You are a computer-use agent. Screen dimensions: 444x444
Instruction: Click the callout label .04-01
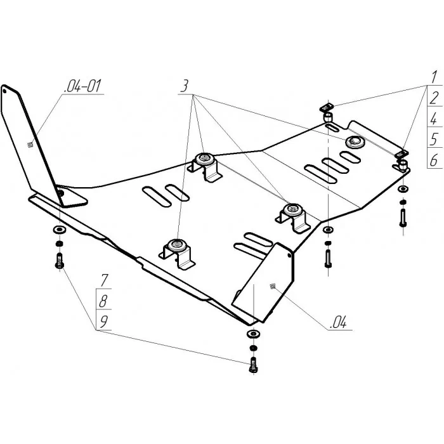[x=82, y=86]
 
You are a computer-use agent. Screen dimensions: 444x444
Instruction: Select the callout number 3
[x=185, y=86]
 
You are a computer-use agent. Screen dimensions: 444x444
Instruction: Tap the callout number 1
[x=433, y=77]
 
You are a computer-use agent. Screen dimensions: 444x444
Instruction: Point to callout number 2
[x=434, y=98]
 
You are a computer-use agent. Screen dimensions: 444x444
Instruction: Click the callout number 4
[x=433, y=119]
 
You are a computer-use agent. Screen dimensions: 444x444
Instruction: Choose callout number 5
[x=434, y=140]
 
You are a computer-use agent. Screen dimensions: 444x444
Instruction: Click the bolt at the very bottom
[x=254, y=365]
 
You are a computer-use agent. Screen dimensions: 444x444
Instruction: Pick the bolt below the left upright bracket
[x=59, y=261]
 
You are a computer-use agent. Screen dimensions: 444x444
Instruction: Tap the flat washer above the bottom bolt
[x=253, y=334]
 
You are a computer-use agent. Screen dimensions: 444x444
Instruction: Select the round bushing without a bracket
[x=355, y=141]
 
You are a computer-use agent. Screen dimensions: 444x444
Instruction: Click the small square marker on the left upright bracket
[x=30, y=145]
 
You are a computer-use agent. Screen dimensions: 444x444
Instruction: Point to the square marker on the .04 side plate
[x=273, y=287]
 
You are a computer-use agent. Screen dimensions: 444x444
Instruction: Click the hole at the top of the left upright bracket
[x=4, y=91]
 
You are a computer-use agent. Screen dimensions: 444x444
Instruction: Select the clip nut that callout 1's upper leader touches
[x=327, y=108]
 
